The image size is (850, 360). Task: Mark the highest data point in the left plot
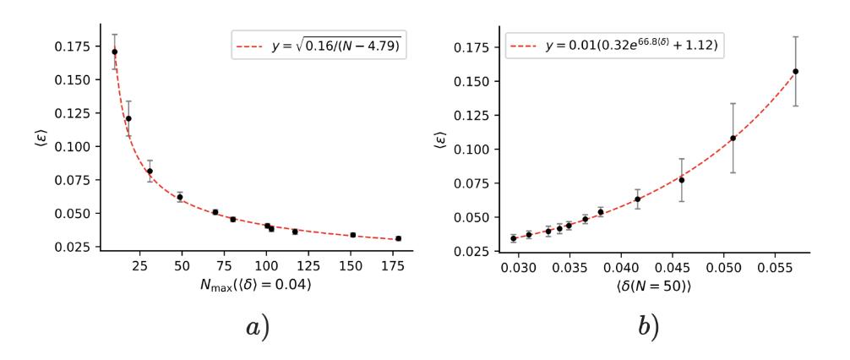(114, 52)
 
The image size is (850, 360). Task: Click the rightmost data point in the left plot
(398, 238)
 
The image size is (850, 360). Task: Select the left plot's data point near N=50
(180, 197)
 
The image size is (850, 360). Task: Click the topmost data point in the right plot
(795, 71)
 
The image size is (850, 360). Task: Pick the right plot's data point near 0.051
(733, 138)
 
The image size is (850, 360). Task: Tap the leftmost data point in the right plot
(513, 238)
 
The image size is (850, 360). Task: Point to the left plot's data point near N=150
(352, 235)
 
